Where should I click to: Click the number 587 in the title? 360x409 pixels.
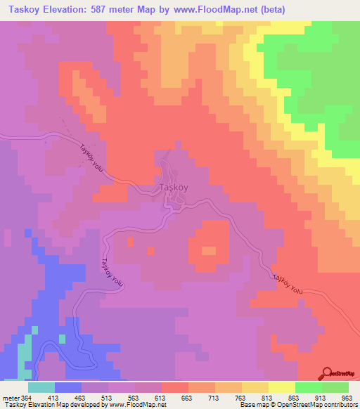click(126, 9)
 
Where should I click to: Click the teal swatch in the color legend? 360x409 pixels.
click(41, 387)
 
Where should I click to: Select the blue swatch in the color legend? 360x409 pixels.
click(68, 387)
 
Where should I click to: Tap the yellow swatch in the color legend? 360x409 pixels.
click(282, 387)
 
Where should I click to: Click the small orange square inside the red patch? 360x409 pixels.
click(209, 250)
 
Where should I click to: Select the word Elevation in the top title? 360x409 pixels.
click(67, 9)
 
